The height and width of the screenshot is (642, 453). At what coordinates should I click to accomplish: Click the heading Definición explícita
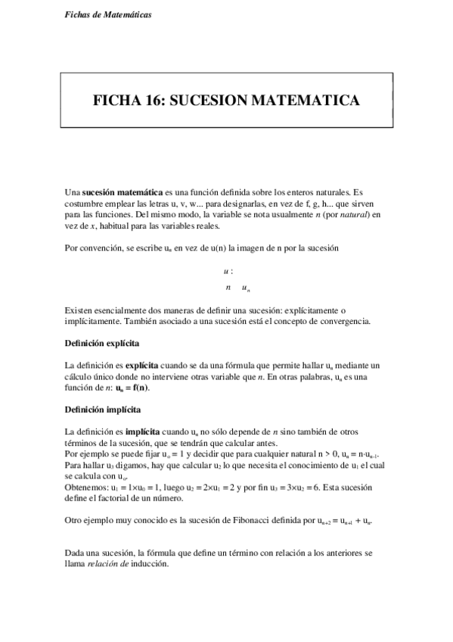click(x=102, y=344)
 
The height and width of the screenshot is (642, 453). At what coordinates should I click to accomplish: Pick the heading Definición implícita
click(x=103, y=409)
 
